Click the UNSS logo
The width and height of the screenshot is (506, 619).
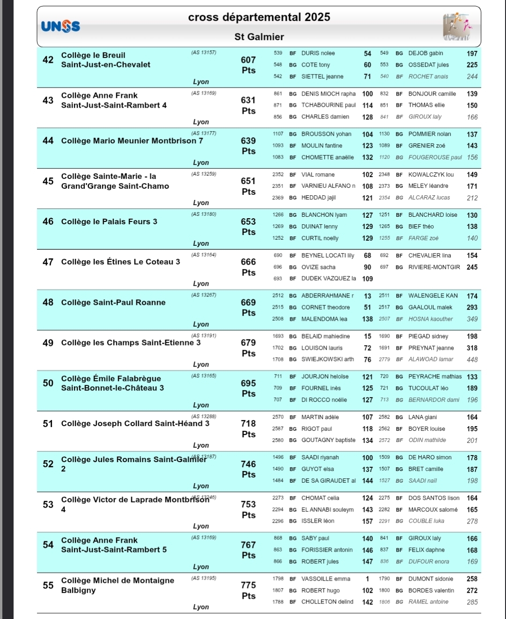tap(60, 27)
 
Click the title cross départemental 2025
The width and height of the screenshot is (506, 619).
tap(259, 17)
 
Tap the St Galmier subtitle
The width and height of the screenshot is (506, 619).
tap(259, 37)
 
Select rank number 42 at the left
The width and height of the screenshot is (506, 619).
tap(48, 60)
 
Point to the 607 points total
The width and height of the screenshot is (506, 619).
tap(248, 65)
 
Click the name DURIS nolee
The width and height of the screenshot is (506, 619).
tap(318, 53)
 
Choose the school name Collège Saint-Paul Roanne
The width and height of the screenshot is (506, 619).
tap(113, 302)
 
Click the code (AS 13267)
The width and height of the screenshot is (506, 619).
tap(204, 295)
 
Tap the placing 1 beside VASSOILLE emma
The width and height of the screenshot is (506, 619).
tap(368, 579)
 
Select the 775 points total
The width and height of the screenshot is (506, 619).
tap(248, 590)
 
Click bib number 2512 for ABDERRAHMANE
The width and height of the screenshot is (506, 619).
tap(278, 295)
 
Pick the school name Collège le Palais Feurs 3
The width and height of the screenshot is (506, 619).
tap(109, 221)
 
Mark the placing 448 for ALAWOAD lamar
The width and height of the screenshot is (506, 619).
tap(472, 360)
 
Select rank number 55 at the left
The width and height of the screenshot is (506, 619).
tap(48, 585)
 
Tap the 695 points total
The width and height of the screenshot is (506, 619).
tap(248, 388)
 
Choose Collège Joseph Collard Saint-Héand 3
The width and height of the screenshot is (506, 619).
tap(135, 424)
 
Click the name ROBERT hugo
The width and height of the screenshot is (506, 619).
tap(320, 590)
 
